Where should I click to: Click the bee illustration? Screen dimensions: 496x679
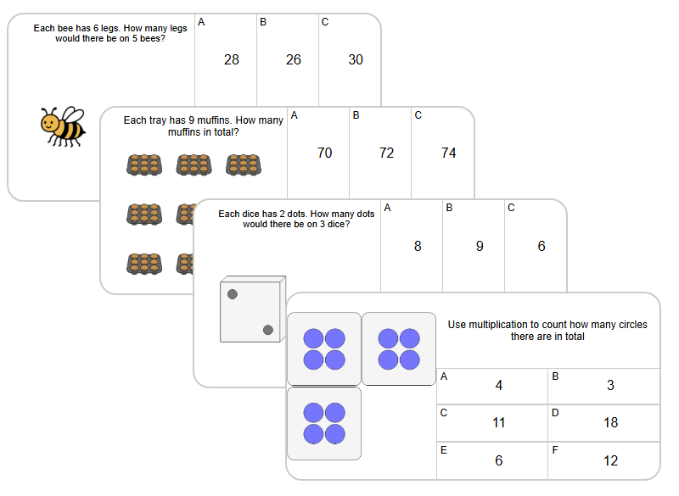tap(63, 127)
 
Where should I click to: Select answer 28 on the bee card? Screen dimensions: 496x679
tap(232, 59)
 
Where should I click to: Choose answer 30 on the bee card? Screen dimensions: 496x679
tap(356, 59)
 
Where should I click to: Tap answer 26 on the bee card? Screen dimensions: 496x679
tap(294, 59)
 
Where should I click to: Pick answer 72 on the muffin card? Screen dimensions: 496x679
tap(386, 153)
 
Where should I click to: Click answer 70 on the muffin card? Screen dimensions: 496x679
tap(324, 153)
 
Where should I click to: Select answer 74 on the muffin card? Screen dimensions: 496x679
tap(449, 153)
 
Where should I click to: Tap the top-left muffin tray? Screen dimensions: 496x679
tap(143, 164)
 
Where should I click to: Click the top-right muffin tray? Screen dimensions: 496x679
tap(243, 164)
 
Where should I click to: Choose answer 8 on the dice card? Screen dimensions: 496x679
tap(418, 246)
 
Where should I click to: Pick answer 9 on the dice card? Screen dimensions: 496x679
tap(480, 246)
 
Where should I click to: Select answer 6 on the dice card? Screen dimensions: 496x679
tap(542, 246)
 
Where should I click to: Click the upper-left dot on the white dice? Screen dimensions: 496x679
tap(233, 294)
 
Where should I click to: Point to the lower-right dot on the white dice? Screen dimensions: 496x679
tap(268, 330)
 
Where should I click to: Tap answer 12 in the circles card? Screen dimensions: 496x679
tap(610, 460)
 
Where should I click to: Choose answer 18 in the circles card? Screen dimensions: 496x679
tap(610, 422)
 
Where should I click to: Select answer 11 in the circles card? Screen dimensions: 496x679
tap(498, 422)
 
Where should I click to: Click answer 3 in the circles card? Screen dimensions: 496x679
tap(610, 385)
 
